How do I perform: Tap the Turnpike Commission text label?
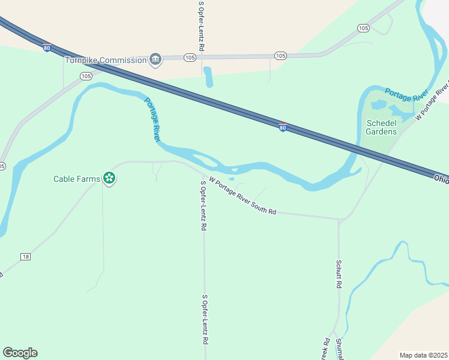(x=106, y=60)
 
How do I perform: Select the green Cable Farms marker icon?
(x=109, y=178)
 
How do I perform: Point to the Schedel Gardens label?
(x=381, y=127)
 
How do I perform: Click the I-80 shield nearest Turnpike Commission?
(x=47, y=48)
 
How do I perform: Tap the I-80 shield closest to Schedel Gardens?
(x=283, y=128)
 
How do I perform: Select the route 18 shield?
(x=25, y=257)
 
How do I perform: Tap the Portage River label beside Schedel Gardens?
(x=406, y=94)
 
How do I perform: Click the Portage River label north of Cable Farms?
(x=153, y=119)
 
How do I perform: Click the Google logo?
(x=20, y=353)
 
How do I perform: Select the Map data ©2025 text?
(x=423, y=355)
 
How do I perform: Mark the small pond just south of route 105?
(x=208, y=77)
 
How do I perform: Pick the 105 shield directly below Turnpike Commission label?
(x=86, y=76)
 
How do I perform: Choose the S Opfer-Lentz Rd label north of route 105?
(x=202, y=25)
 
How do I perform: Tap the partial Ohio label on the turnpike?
(x=441, y=178)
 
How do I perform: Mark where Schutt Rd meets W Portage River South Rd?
(x=340, y=220)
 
